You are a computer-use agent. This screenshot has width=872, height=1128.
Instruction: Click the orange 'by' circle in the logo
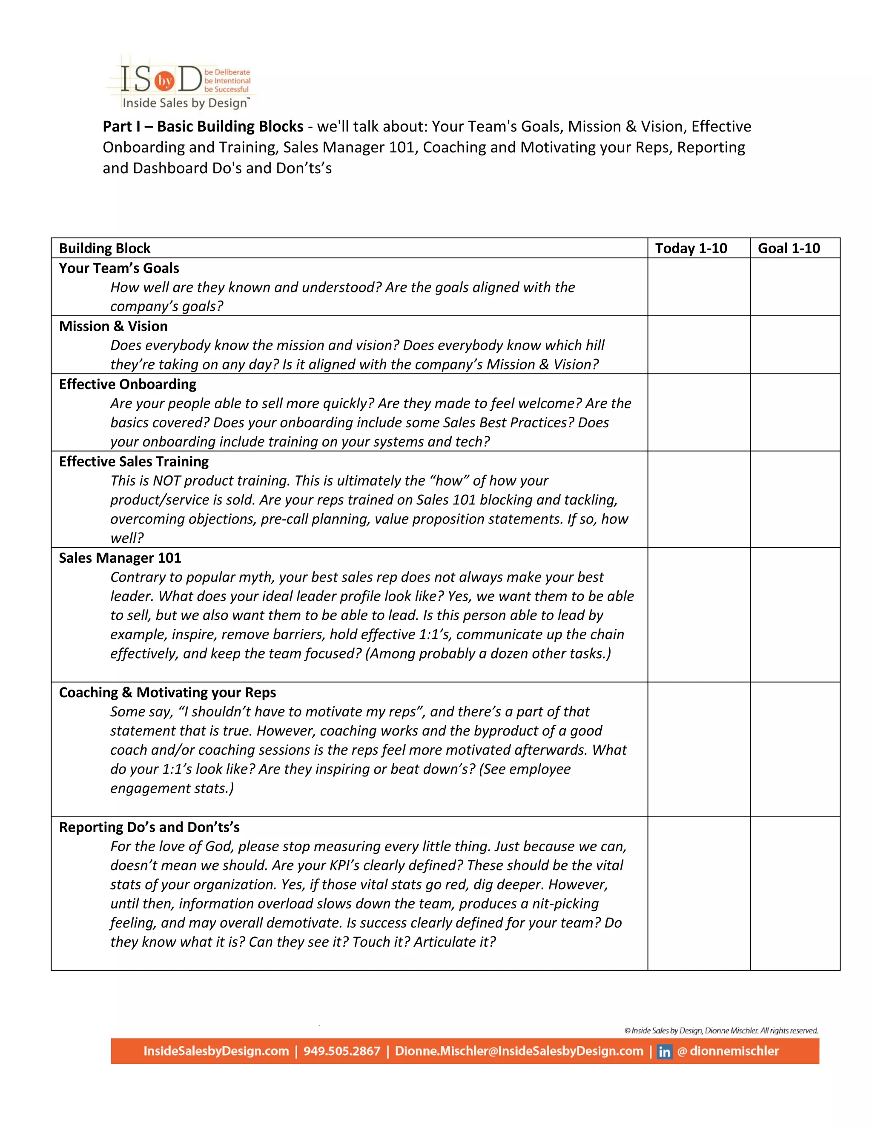pos(165,81)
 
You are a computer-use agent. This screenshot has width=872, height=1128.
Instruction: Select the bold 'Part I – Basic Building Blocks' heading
pos(203,126)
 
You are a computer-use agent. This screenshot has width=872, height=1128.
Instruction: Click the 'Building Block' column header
pos(104,249)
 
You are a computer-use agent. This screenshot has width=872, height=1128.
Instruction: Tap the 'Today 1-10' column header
pos(691,249)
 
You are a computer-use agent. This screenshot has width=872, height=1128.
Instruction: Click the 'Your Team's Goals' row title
pos(119,268)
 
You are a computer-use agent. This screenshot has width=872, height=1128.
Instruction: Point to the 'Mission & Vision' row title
pos(113,326)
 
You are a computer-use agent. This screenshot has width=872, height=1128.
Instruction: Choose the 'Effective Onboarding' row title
pos(128,384)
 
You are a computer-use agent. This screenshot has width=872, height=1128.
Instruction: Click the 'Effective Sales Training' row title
pos(134,461)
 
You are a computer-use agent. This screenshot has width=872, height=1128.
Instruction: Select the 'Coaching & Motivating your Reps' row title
pos(167,693)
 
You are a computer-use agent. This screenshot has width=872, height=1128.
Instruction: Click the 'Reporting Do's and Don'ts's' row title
pos(149,827)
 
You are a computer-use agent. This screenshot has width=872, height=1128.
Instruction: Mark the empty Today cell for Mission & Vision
pos(698,345)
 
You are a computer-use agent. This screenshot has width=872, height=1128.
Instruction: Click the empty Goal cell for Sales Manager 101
pos(795,615)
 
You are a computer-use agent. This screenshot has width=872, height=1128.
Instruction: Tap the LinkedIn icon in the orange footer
pos(664,1051)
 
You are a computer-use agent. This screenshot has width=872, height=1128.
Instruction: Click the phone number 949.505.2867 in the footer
pos(341,1051)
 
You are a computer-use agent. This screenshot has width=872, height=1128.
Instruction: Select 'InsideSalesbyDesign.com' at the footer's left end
pos(216,1051)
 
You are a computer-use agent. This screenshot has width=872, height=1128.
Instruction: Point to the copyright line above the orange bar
pos(721,1031)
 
